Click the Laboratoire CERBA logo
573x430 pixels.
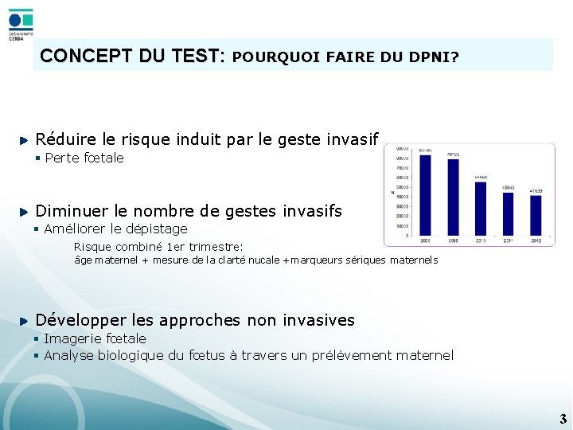tap(20, 23)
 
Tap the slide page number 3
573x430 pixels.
tap(563, 419)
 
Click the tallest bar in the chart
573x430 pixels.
tap(425, 194)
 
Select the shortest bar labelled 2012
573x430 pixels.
tap(536, 215)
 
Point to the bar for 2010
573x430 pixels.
tap(481, 208)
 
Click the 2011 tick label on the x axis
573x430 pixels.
tap(508, 240)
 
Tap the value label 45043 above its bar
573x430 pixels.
tap(508, 188)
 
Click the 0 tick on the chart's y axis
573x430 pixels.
tap(407, 236)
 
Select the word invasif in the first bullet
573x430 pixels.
tap(353, 139)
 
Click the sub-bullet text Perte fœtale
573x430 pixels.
tap(84, 158)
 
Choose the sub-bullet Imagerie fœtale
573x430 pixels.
tap(95, 338)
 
